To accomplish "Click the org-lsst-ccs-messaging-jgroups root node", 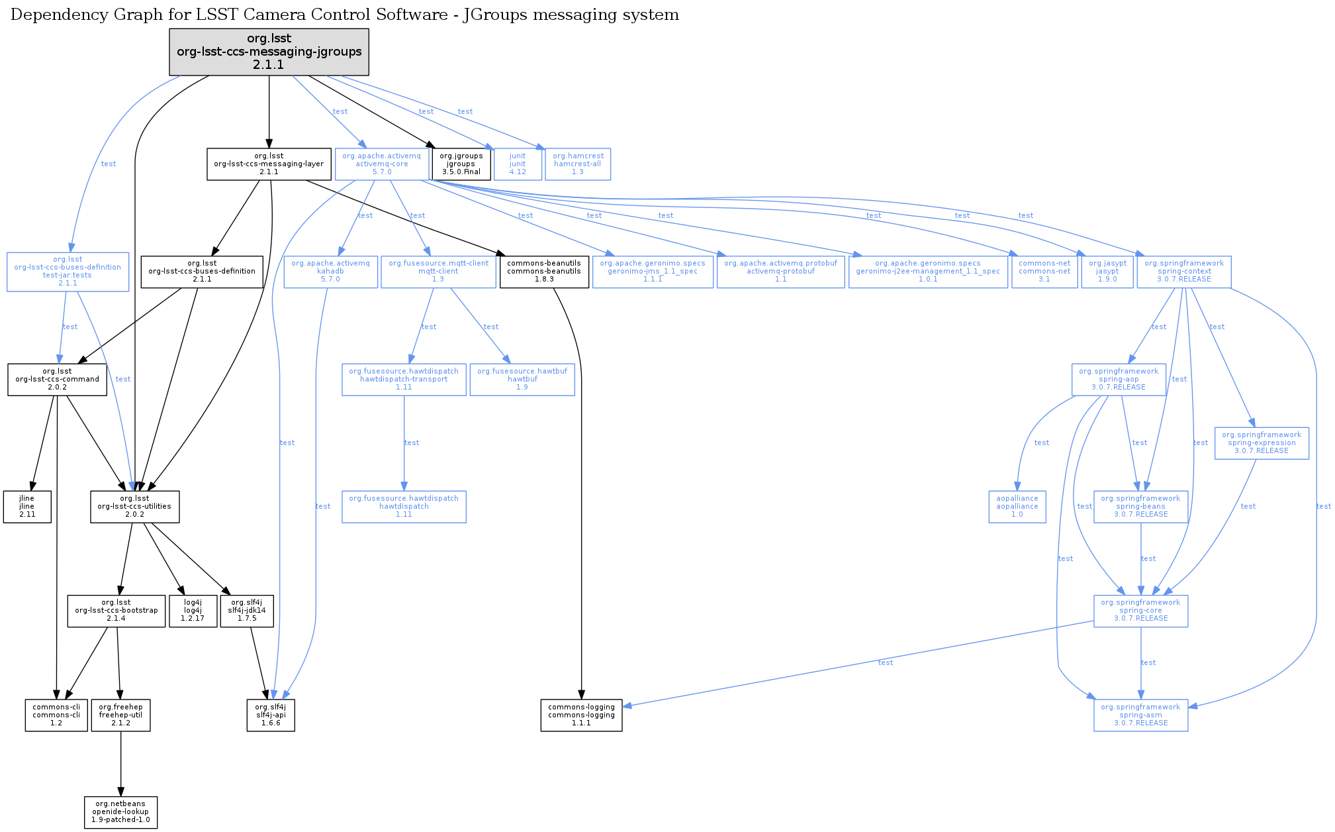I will click(269, 52).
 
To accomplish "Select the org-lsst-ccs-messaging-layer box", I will click(269, 164).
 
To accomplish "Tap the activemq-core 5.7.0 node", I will click(381, 164).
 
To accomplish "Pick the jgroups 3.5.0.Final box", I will click(461, 164).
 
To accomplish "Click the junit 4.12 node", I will click(518, 164).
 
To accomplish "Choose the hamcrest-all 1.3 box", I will click(578, 164).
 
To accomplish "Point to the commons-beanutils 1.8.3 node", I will click(544, 272).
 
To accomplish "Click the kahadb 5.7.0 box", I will click(330, 272).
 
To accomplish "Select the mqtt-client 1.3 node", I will click(438, 272).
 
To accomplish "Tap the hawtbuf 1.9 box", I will click(522, 380).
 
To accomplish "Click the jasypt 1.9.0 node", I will click(1107, 272).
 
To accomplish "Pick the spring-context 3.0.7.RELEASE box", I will click(1184, 272).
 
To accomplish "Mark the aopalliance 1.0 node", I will click(1017, 507).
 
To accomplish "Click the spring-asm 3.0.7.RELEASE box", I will click(1140, 715).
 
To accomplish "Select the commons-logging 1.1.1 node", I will click(581, 715).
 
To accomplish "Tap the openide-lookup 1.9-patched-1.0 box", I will click(120, 812).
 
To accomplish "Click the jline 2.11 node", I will click(27, 507).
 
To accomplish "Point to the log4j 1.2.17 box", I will click(193, 611).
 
